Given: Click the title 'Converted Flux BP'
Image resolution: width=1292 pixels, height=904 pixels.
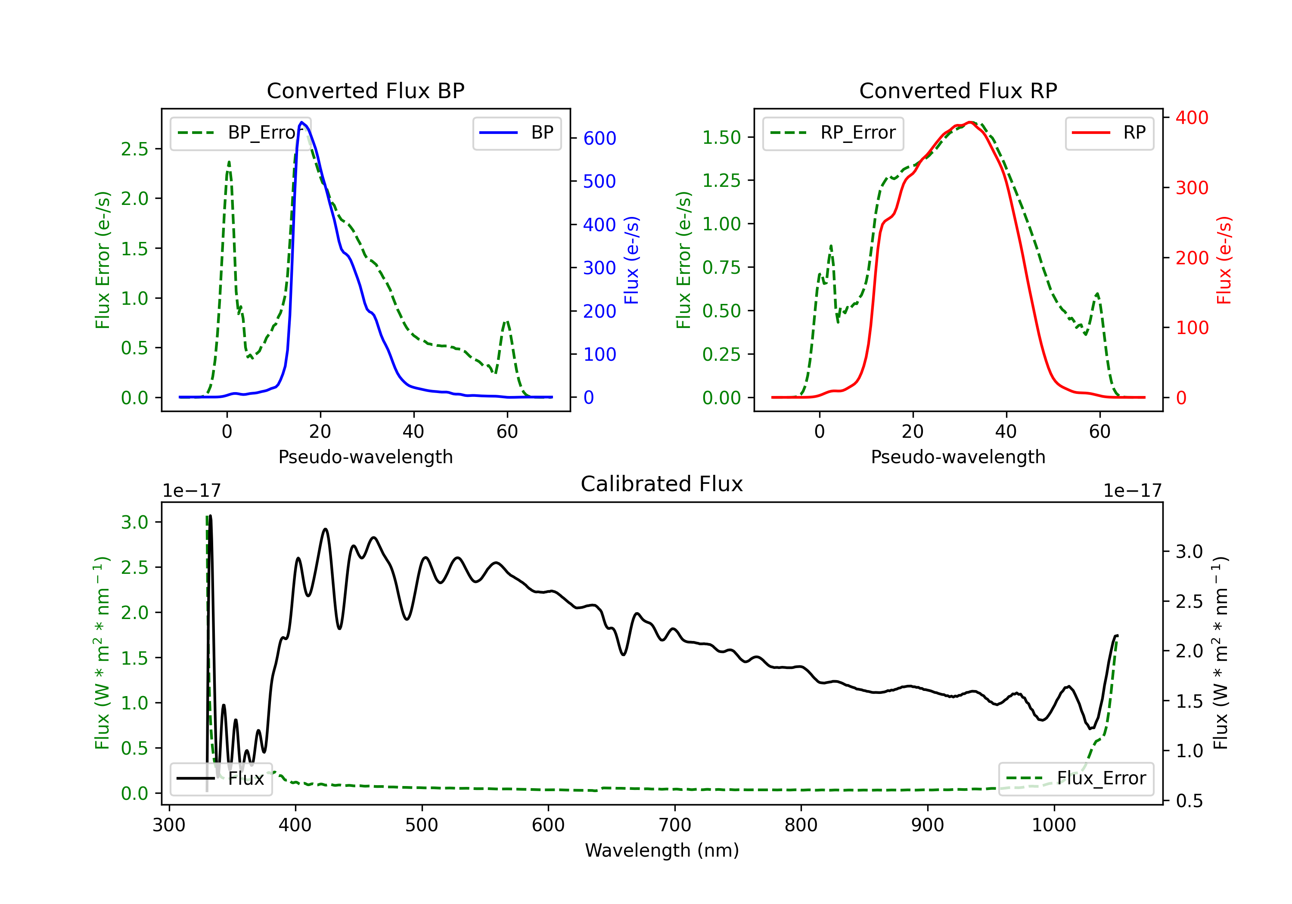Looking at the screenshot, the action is (366, 90).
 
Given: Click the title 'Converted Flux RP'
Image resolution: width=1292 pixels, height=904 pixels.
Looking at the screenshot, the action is (958, 90).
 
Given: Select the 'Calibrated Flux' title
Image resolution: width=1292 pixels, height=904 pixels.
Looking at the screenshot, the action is (662, 484).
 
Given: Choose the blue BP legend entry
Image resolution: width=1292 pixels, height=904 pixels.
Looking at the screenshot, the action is (516, 133).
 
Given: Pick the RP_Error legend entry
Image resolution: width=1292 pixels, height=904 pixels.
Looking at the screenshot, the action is (833, 133).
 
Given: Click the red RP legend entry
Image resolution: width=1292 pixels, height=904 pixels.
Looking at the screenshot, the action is (1109, 133).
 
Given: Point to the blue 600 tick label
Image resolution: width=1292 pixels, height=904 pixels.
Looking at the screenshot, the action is (600, 138).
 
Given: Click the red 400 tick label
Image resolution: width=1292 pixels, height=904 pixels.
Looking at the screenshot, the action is (1192, 118).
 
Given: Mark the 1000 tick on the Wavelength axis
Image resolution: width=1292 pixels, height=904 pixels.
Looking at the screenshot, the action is (1054, 825).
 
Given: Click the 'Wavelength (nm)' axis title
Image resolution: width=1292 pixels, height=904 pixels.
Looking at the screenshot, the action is (662, 850).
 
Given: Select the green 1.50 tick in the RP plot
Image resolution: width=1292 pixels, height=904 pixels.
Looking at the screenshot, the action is (721, 137).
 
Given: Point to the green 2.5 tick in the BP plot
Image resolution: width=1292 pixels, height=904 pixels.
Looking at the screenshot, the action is (134, 149).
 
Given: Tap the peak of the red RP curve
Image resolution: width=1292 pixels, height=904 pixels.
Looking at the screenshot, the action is (970, 122).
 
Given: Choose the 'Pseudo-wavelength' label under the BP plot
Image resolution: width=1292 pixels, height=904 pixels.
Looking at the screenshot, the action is (366, 457).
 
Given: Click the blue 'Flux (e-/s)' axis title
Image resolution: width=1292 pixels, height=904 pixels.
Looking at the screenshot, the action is (631, 260).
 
